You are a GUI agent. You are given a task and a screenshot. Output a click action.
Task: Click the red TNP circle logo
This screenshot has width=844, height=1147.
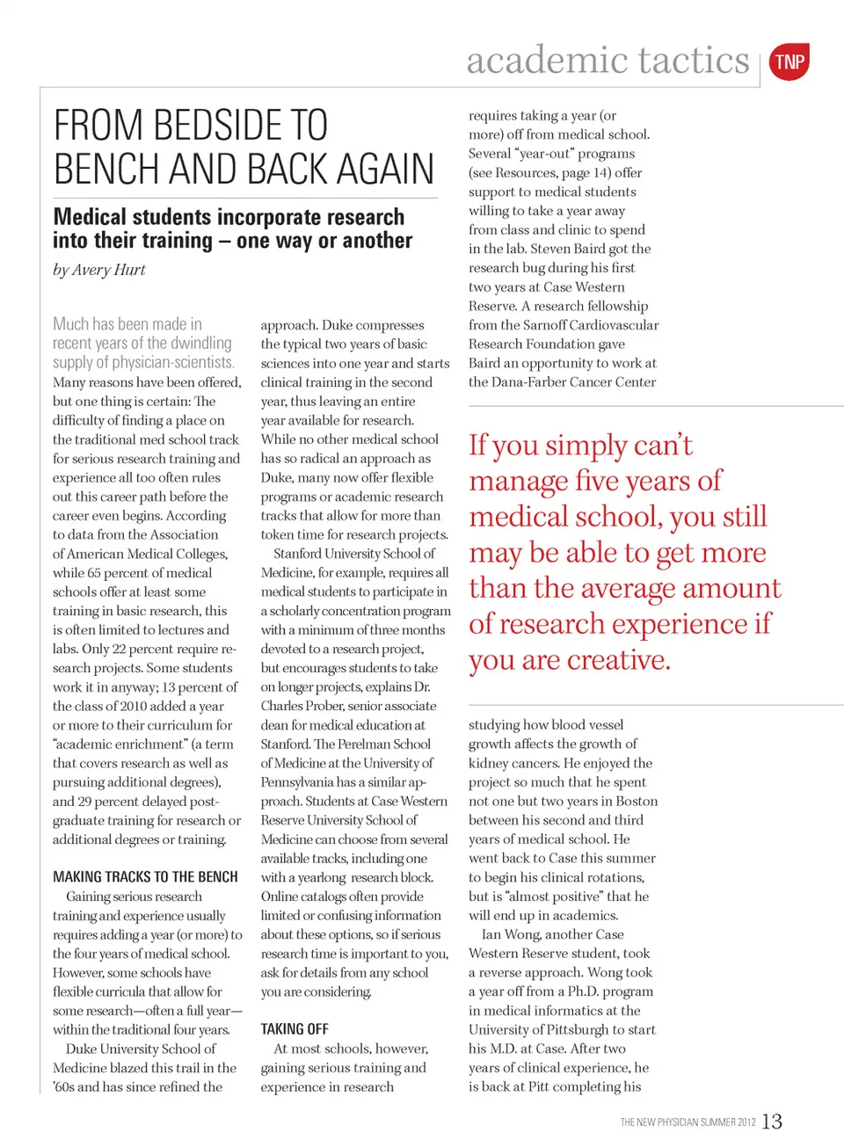(x=789, y=62)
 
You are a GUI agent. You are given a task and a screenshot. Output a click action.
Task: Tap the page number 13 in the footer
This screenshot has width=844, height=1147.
(x=772, y=1122)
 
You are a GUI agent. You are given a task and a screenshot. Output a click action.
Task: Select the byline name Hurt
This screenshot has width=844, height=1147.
(x=130, y=270)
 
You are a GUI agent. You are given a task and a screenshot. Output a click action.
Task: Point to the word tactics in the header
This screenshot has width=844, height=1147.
(x=694, y=61)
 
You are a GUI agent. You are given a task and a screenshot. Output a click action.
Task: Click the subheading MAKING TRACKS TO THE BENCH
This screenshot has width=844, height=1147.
(x=145, y=877)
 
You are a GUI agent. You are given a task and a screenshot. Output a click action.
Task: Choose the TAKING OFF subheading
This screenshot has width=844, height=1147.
(x=295, y=1029)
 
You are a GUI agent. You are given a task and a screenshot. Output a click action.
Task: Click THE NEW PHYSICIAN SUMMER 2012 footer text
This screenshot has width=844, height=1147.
(x=688, y=1122)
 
